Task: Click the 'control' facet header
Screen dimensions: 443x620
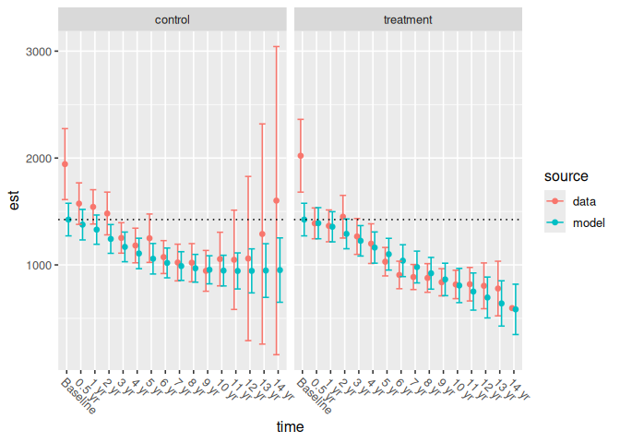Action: (x=173, y=19)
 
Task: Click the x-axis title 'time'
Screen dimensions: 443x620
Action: (x=291, y=427)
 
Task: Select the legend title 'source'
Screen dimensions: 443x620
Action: (x=566, y=175)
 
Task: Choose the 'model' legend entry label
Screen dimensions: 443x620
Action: (x=589, y=223)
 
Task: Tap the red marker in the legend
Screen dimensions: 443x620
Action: (x=555, y=199)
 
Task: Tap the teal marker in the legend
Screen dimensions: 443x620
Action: (x=555, y=223)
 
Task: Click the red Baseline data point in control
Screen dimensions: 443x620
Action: (x=65, y=164)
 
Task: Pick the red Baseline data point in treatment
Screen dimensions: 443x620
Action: (x=301, y=156)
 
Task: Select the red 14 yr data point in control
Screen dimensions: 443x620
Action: (x=277, y=200)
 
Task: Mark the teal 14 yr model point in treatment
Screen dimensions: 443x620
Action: (x=516, y=309)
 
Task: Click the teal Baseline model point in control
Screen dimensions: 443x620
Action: (x=68, y=220)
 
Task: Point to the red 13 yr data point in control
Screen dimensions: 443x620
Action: (x=262, y=234)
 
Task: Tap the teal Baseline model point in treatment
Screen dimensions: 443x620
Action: (x=304, y=220)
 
